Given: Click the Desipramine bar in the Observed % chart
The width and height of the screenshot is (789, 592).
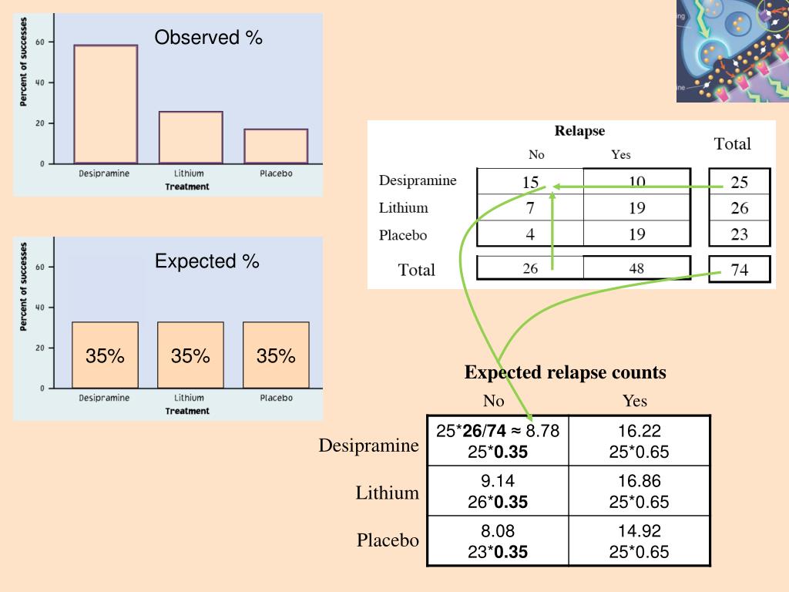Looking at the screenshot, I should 106,104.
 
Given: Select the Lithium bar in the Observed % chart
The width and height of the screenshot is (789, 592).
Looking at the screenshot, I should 191,137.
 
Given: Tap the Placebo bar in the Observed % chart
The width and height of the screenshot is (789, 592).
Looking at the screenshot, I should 276,146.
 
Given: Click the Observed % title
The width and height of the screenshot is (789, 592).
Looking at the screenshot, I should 208,38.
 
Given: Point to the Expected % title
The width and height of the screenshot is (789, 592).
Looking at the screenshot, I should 206,261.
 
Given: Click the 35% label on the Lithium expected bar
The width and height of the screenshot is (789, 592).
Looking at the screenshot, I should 190,356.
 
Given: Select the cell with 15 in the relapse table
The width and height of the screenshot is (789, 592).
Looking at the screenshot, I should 530,182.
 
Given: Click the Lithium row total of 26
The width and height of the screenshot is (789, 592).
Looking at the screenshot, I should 739,208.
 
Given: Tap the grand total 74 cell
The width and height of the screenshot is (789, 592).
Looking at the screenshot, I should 739,270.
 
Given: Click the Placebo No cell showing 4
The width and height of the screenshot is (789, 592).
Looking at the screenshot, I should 530,234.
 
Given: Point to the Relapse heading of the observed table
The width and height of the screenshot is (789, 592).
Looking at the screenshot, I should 579,131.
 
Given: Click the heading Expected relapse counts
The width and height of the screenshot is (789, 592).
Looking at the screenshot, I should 565,373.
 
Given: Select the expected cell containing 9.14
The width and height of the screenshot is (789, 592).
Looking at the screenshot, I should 498,491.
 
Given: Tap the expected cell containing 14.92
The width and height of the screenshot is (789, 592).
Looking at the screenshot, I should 639,541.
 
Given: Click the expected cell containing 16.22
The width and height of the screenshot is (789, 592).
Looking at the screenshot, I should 639,441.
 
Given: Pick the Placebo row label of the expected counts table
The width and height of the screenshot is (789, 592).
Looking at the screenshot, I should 388,540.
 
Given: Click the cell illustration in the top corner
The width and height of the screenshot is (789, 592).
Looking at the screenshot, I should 732,51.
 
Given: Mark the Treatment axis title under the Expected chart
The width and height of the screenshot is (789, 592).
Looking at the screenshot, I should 186,411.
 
